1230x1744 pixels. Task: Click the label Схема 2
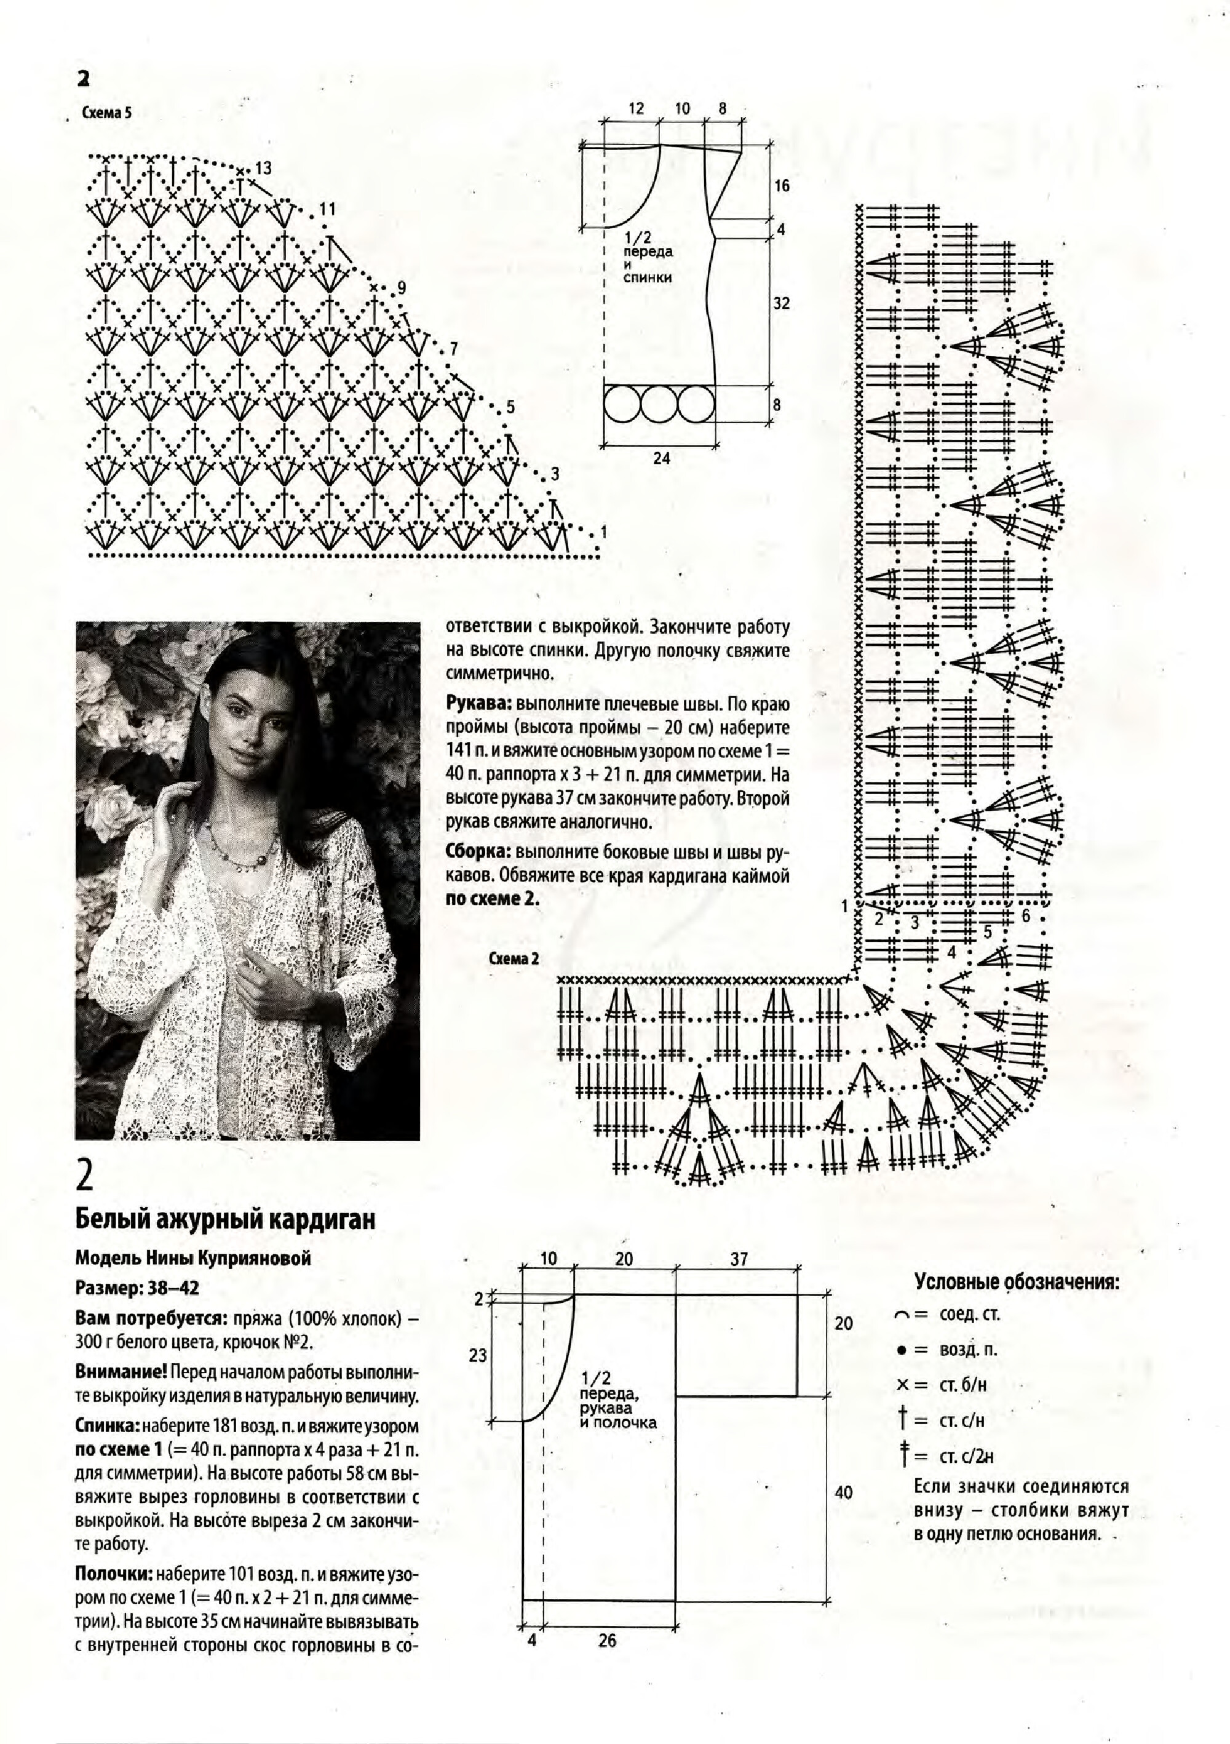tap(514, 958)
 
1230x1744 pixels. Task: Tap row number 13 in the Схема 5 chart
tap(263, 167)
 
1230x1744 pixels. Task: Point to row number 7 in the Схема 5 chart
tap(454, 349)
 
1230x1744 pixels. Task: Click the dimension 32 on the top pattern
tap(781, 303)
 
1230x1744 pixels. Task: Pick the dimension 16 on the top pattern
tap(781, 185)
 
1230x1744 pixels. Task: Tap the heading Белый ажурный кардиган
tap(226, 1219)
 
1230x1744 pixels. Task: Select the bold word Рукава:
tap(479, 703)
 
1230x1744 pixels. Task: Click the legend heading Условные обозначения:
tap(1017, 1282)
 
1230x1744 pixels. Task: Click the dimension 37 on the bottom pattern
tap(739, 1259)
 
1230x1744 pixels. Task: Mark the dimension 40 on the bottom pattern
tap(844, 1492)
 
